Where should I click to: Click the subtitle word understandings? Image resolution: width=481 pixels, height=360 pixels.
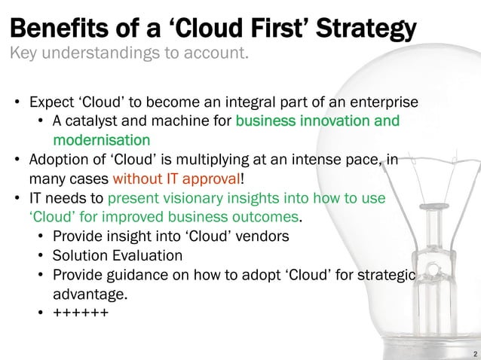102,54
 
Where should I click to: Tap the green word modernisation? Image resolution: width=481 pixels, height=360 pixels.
101,140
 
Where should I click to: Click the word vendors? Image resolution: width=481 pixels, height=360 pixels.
263,236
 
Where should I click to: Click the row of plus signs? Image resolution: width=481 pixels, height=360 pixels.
80,313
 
